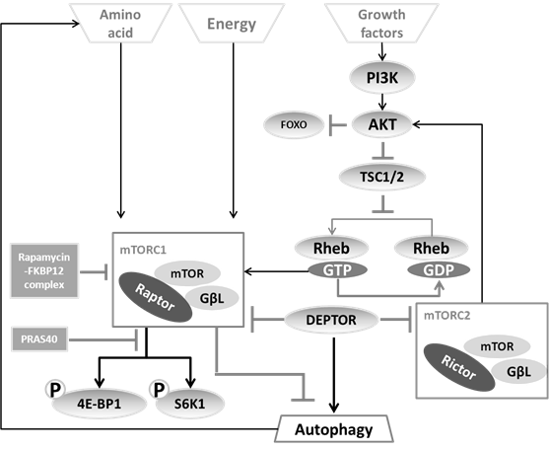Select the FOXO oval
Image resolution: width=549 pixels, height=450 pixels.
[x=295, y=124]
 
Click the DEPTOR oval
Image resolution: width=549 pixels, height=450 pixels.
[x=332, y=320]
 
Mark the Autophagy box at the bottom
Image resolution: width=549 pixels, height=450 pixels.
[x=332, y=429]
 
